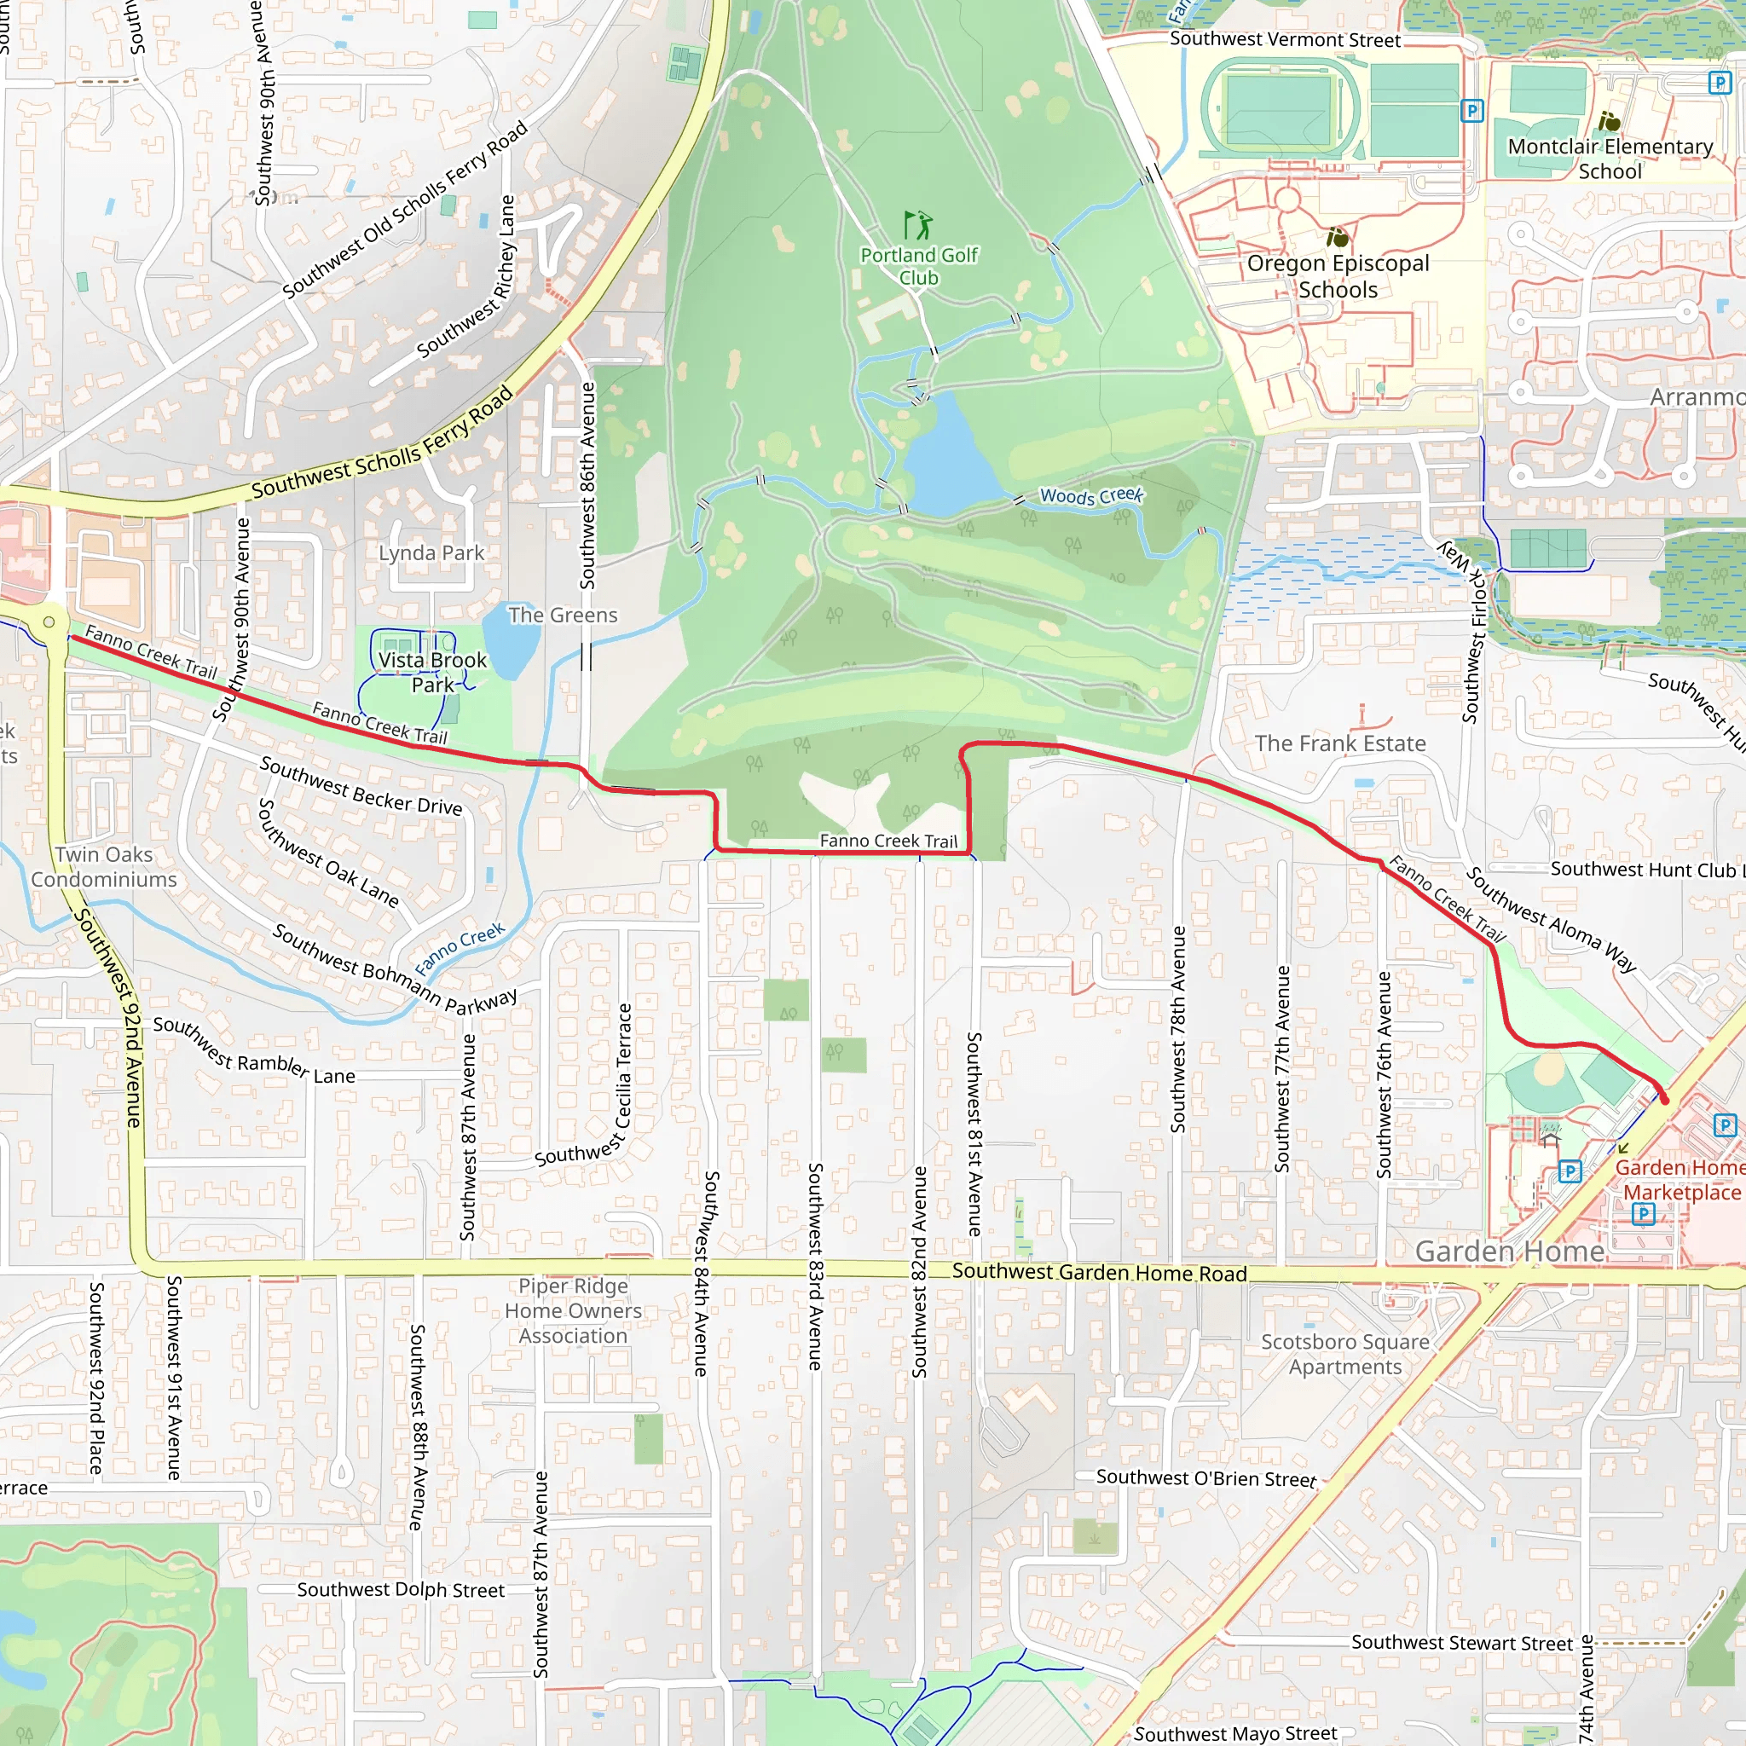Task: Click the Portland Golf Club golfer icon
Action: pos(918,224)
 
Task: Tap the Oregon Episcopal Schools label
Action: pos(1338,276)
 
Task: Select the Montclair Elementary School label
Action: pos(1610,159)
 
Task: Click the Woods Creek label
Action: pos(1090,495)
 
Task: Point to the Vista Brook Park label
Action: pos(432,673)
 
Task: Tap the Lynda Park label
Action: pos(431,553)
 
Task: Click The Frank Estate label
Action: pos(1339,743)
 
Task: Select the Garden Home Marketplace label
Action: pos(1681,1179)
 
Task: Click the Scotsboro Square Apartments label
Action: pos(1344,1354)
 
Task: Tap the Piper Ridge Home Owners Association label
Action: pos(573,1310)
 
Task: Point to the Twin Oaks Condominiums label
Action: pos(103,867)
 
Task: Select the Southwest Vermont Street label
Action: pos(1284,40)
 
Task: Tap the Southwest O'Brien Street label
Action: pos(1205,1478)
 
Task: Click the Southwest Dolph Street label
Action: pos(401,1590)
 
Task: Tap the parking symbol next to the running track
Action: pos(1472,111)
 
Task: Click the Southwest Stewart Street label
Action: pos(1461,1643)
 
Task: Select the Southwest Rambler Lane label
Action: pos(253,1052)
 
